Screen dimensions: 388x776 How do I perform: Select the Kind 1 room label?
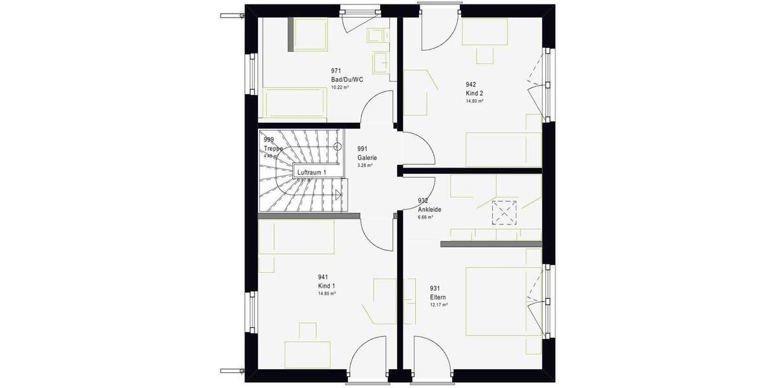pos(327,286)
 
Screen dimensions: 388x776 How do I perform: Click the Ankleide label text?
pos(429,210)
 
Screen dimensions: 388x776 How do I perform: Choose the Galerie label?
pos(367,158)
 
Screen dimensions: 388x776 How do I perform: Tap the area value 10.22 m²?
pos(339,87)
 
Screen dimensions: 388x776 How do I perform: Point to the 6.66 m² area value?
pos(426,217)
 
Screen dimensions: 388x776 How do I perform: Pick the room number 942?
pos(471,84)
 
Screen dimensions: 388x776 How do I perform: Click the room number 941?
pos(323,277)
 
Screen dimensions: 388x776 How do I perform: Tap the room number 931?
pos(435,288)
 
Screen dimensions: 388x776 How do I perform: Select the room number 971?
pos(336,70)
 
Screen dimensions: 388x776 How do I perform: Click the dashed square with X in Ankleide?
pos(502,213)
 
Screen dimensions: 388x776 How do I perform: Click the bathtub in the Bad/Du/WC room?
pos(293,102)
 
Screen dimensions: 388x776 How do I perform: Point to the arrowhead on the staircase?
pos(337,193)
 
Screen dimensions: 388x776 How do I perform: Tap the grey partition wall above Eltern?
pos(490,244)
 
